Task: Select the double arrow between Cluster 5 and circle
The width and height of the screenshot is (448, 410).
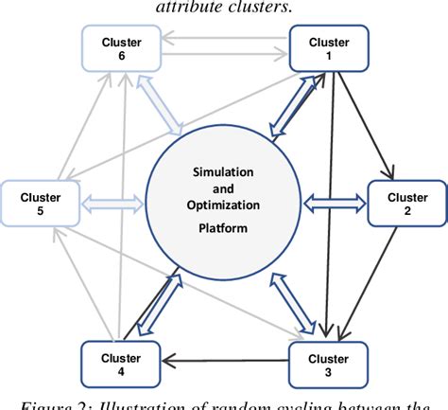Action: pos(111,202)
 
